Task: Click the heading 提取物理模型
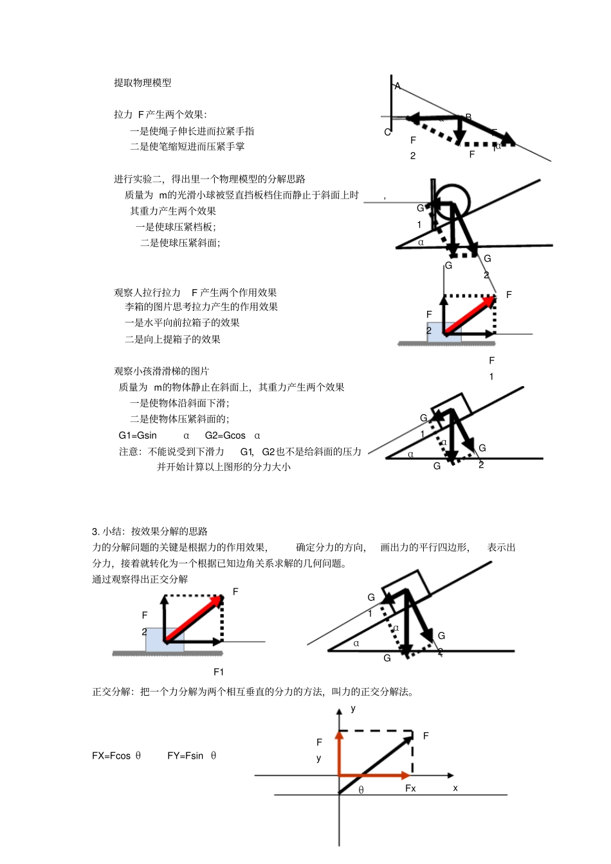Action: click(x=143, y=83)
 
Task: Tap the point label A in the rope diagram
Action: click(x=397, y=86)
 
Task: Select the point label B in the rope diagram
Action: click(x=468, y=117)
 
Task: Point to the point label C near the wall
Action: click(x=387, y=132)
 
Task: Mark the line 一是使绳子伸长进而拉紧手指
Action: click(x=192, y=131)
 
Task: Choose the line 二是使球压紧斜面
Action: click(x=180, y=243)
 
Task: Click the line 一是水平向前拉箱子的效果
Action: click(x=182, y=323)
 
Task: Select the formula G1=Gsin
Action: click(x=138, y=436)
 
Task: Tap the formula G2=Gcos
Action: click(x=225, y=436)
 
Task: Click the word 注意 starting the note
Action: click(x=129, y=452)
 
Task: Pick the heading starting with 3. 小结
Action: click(x=150, y=531)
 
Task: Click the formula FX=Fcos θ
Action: click(x=116, y=756)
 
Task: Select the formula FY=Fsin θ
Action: click(x=192, y=756)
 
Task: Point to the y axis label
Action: click(x=353, y=709)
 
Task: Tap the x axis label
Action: click(x=455, y=788)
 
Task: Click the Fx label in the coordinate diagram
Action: click(x=410, y=788)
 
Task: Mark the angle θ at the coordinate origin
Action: click(x=361, y=790)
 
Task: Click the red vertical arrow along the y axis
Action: click(x=340, y=753)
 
